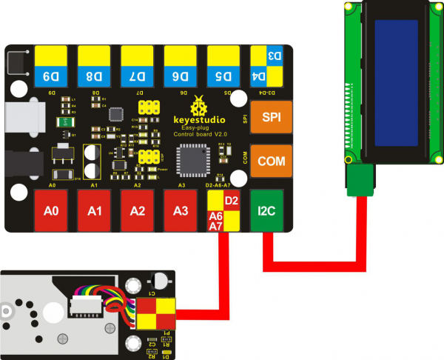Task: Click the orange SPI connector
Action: click(x=267, y=116)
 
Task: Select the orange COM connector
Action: click(x=267, y=161)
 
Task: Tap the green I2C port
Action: click(x=267, y=210)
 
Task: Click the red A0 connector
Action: click(x=51, y=211)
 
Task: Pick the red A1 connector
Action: click(x=94, y=211)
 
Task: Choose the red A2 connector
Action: click(x=137, y=211)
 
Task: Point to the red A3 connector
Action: click(x=181, y=211)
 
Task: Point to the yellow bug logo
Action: click(x=198, y=104)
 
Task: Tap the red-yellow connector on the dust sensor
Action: click(x=155, y=313)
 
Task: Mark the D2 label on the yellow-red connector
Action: click(x=232, y=200)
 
